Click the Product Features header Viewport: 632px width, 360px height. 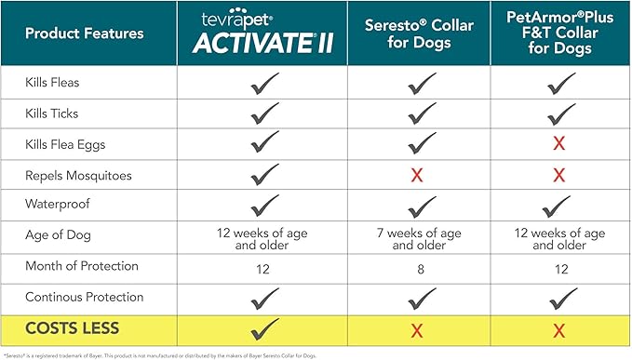point(85,33)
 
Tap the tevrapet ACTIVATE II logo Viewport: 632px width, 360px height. point(263,33)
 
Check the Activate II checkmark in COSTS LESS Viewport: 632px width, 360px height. point(264,328)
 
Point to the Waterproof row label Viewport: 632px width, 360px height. point(59,205)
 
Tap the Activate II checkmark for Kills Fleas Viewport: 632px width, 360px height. point(264,84)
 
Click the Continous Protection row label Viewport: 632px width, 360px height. point(85,298)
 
